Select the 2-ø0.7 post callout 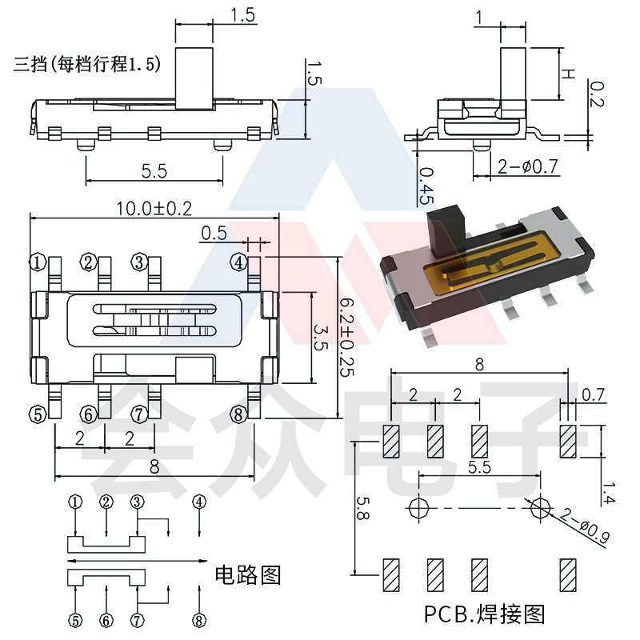coord(527,167)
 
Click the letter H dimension coord(566,74)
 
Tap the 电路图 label coord(248,574)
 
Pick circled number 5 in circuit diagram coord(75,620)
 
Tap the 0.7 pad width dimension coord(594,394)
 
